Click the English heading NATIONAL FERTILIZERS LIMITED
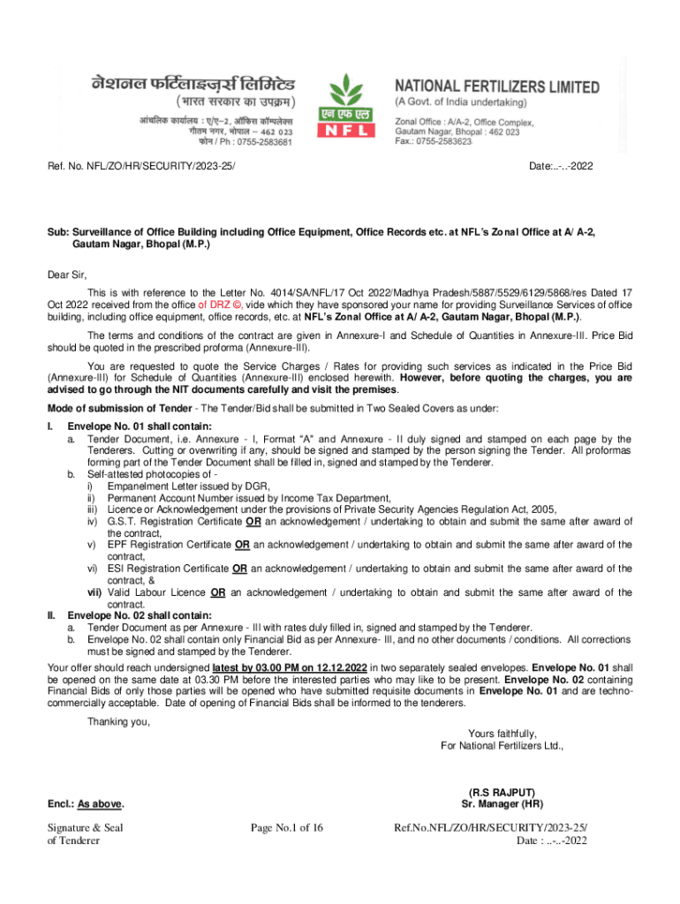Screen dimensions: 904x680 (496, 88)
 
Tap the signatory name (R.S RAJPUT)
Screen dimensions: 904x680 (502, 792)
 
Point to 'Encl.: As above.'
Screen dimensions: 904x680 (86, 804)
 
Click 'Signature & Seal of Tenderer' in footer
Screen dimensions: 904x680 (85, 833)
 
